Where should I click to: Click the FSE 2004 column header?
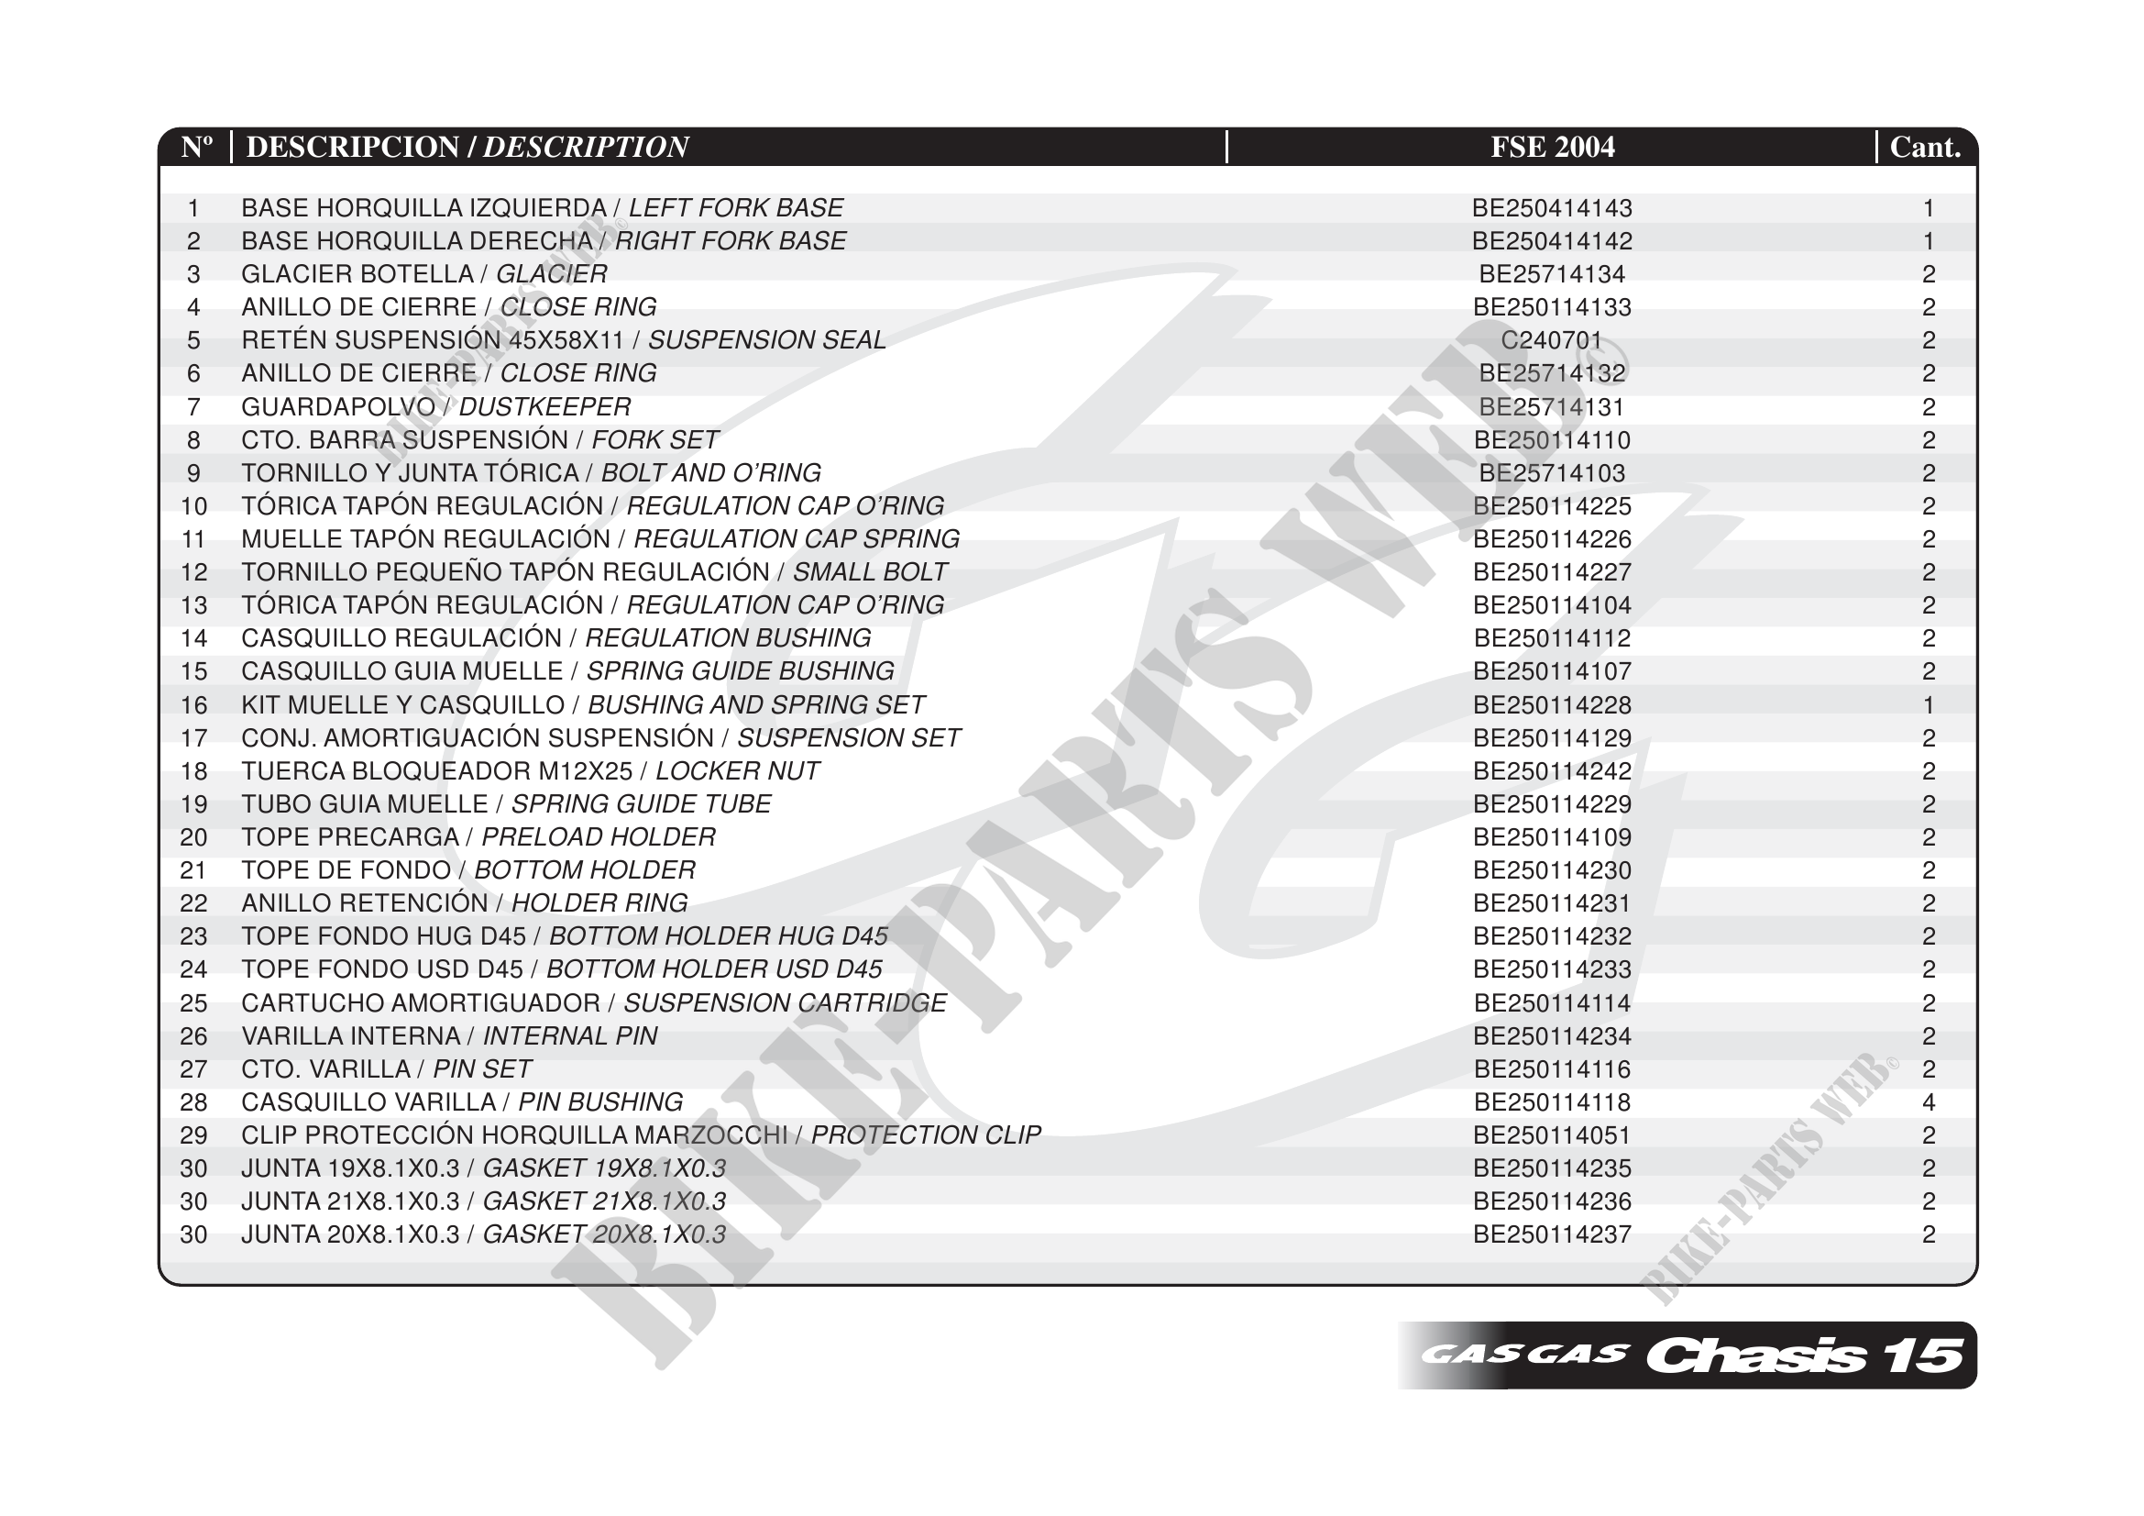pos(1552,147)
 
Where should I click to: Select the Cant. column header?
pos(1925,147)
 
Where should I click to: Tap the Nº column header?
pos(196,147)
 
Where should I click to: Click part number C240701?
pos(1552,340)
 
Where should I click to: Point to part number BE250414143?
pos(1552,207)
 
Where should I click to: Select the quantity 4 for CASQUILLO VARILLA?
pos(1929,1102)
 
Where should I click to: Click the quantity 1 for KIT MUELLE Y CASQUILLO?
pos(1929,705)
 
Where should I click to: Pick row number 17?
pos(193,738)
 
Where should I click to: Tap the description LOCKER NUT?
pos(737,771)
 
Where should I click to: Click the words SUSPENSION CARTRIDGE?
pos(785,1003)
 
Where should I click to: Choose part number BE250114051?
pos(1552,1135)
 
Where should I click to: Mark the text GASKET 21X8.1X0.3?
pos(604,1201)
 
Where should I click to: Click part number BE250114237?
pos(1552,1234)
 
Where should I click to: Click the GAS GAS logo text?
pos(1524,1356)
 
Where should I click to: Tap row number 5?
pos(193,340)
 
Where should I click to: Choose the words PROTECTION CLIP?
pos(926,1135)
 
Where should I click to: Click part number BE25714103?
pos(1552,473)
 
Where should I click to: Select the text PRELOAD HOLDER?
pos(599,838)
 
